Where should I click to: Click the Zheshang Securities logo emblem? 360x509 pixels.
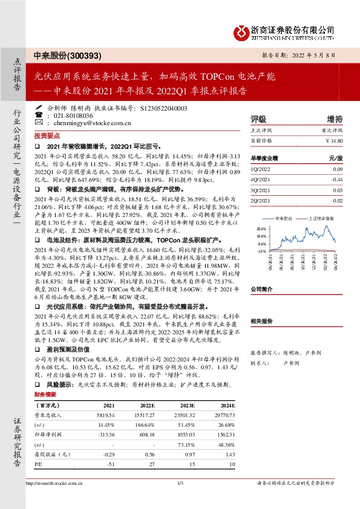[242, 30]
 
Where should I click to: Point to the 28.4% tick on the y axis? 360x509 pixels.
[261, 229]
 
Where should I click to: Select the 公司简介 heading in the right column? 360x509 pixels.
[263, 290]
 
